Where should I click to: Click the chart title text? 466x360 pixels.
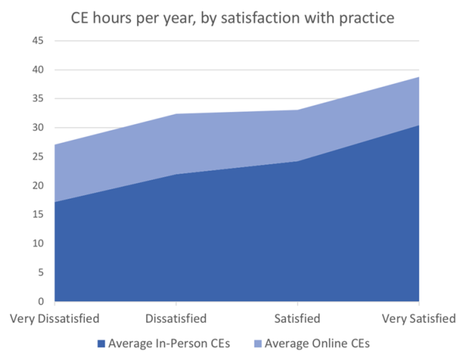pyautogui.click(x=232, y=17)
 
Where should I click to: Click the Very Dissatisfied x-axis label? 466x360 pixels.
pyautogui.click(x=54, y=318)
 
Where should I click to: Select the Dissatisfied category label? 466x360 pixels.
pyautogui.click(x=176, y=318)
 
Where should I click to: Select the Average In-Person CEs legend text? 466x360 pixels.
pyautogui.click(x=168, y=344)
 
